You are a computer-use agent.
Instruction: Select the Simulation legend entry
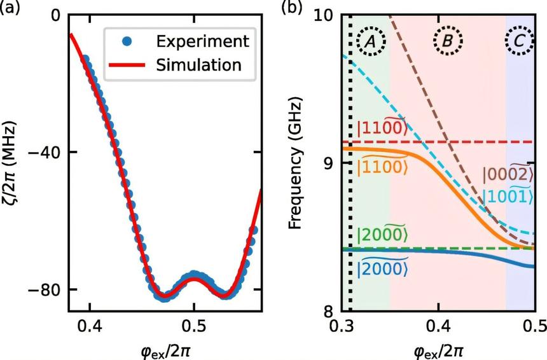pyautogui.click(x=199, y=64)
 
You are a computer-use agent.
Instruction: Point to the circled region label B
pyautogui.click(x=447, y=42)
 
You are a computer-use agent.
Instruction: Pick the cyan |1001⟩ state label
pyautogui.click(x=507, y=196)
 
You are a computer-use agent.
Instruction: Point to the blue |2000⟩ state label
pyautogui.click(x=382, y=268)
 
